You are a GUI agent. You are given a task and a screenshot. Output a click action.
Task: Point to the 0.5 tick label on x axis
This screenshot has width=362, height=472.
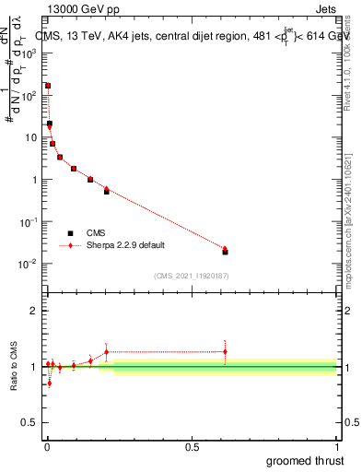192,446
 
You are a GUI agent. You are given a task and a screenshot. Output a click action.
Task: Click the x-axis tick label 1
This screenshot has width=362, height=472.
336,446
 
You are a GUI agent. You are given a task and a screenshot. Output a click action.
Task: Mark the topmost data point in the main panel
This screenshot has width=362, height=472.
48,86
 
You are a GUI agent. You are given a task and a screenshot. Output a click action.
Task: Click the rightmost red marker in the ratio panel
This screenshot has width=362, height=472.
225,351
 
